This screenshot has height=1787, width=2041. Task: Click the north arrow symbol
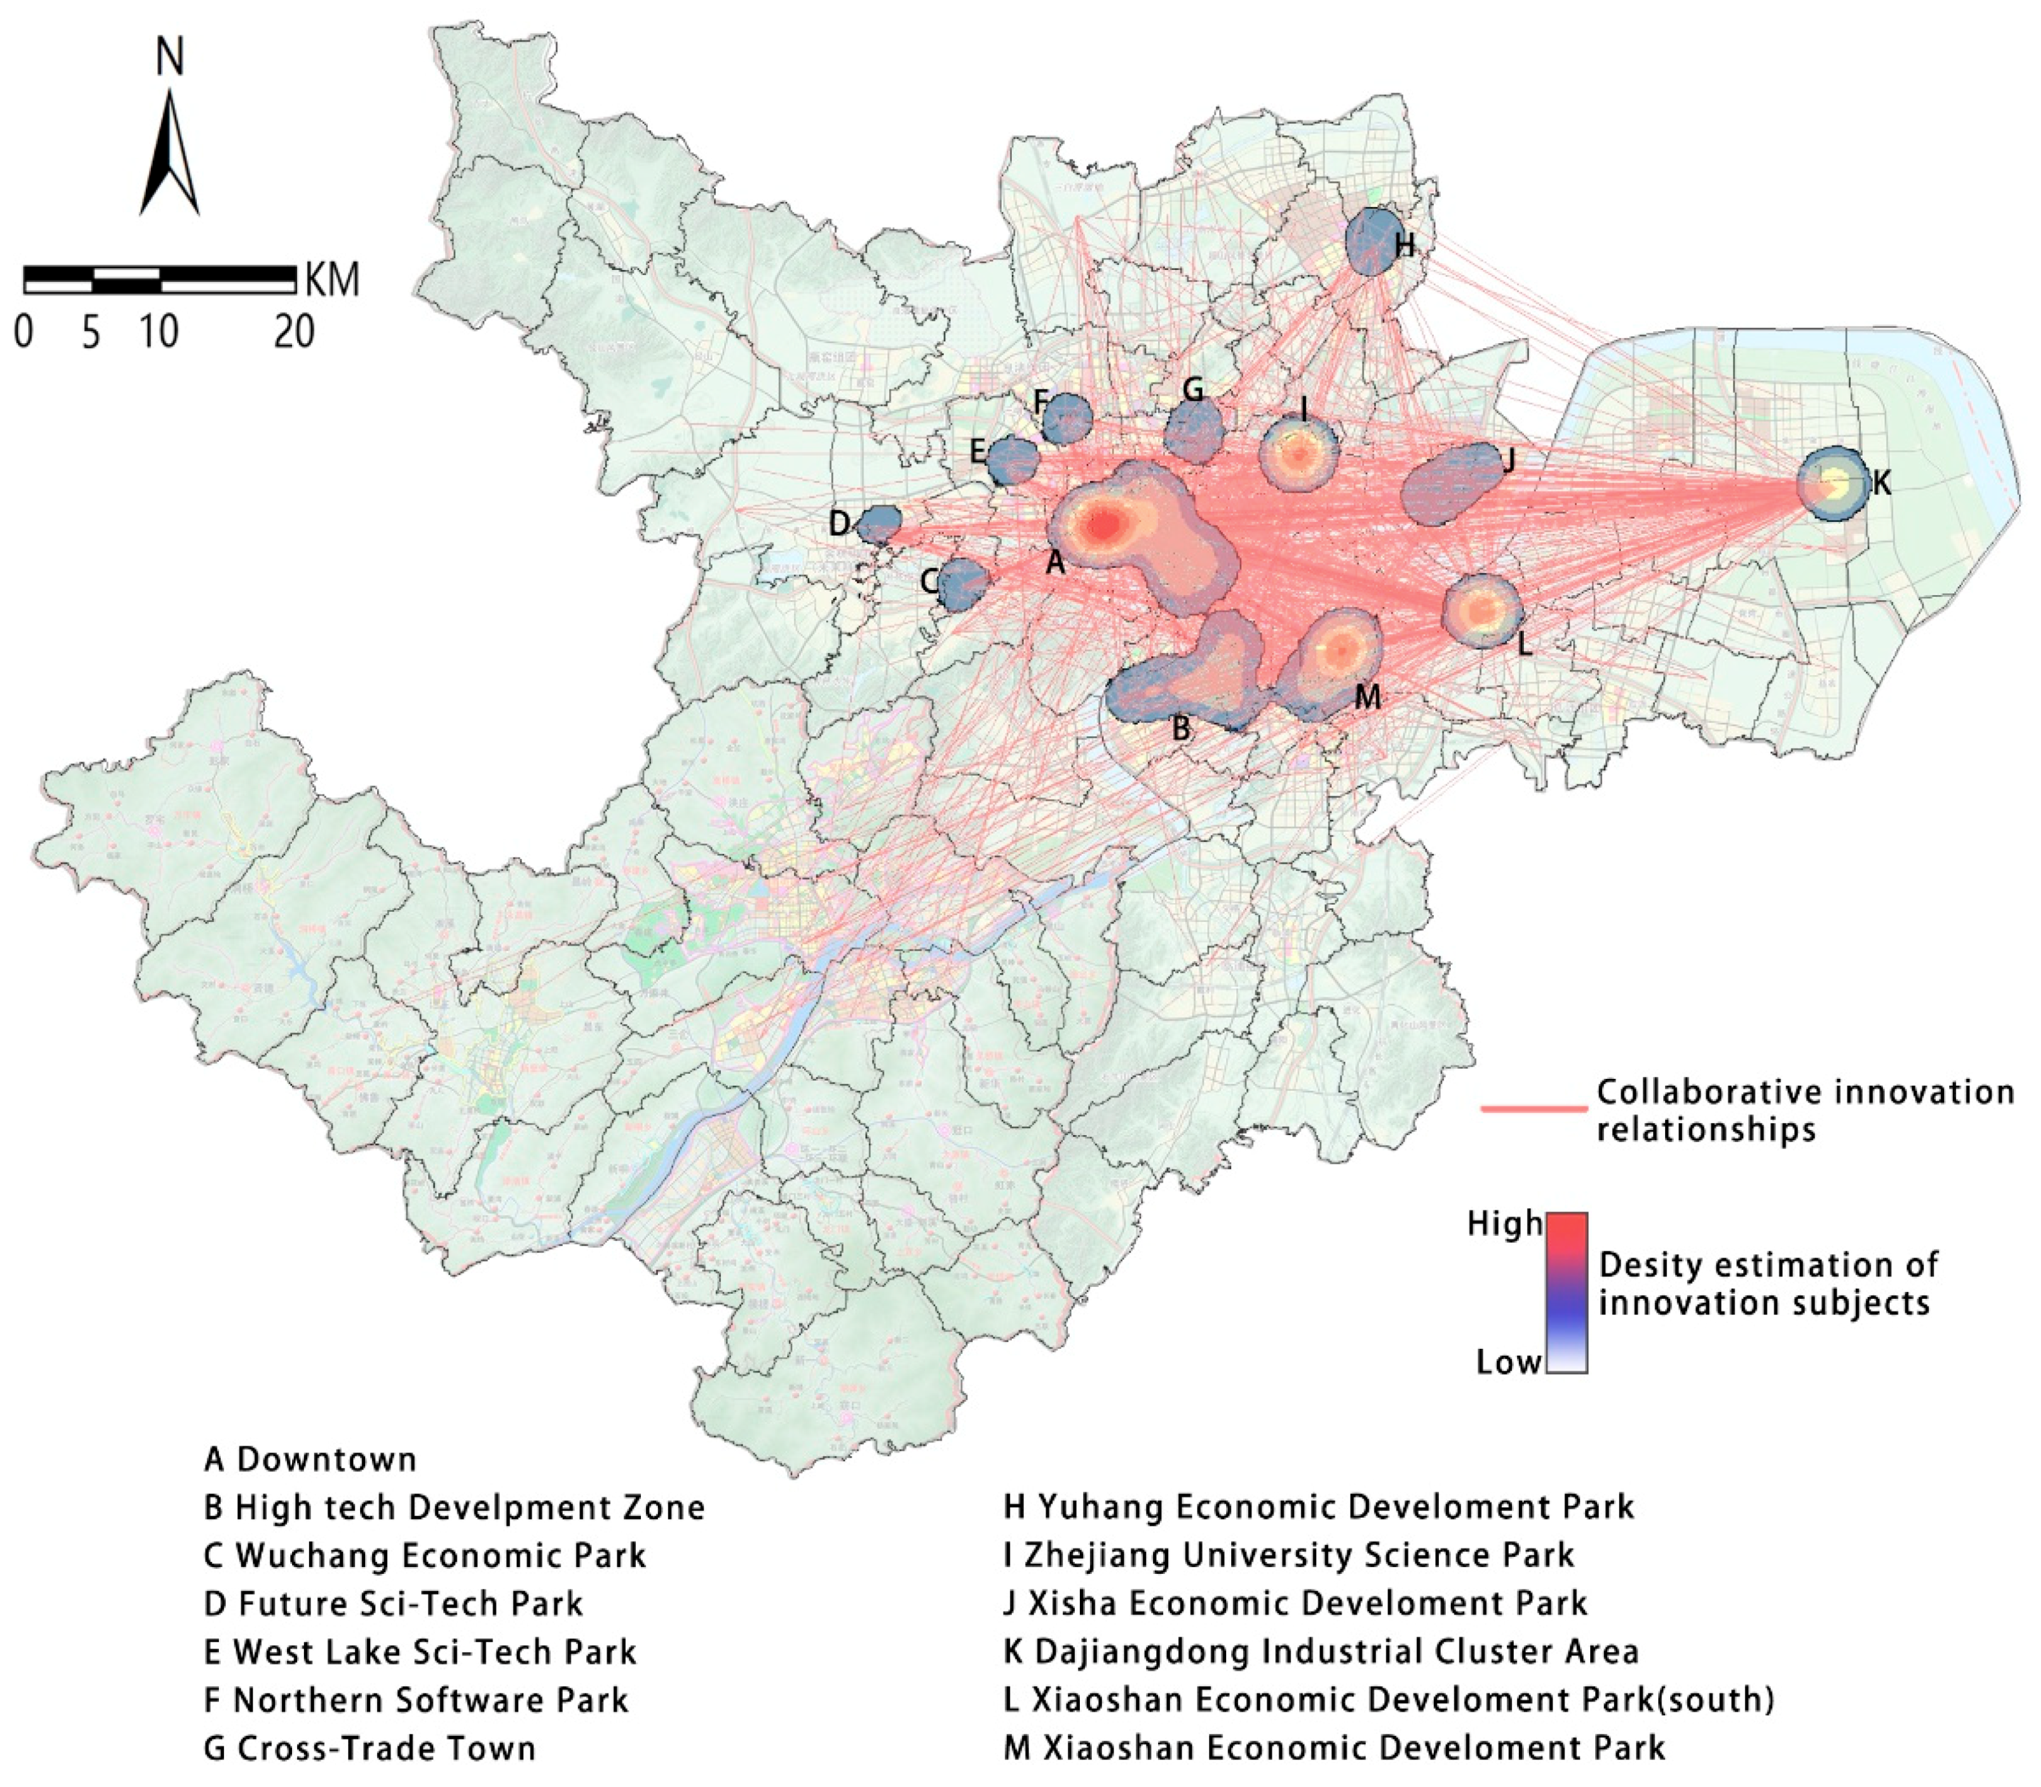tap(169, 154)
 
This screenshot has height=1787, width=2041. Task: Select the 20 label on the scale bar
tap(295, 332)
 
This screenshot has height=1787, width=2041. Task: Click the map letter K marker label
tap(1880, 484)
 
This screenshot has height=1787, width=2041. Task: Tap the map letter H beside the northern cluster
tap(1404, 245)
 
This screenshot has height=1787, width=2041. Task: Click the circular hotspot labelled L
tap(1483, 610)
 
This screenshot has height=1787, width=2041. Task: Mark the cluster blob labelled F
tap(1067, 419)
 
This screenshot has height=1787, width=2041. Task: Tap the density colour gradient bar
tap(1566, 1293)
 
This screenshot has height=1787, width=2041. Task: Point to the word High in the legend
tap(1503, 1224)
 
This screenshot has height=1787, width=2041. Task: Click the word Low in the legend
tap(1508, 1362)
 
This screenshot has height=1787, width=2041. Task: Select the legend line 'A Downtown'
tap(310, 1459)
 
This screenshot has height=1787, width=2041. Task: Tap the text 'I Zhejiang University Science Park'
tap(1289, 1554)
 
